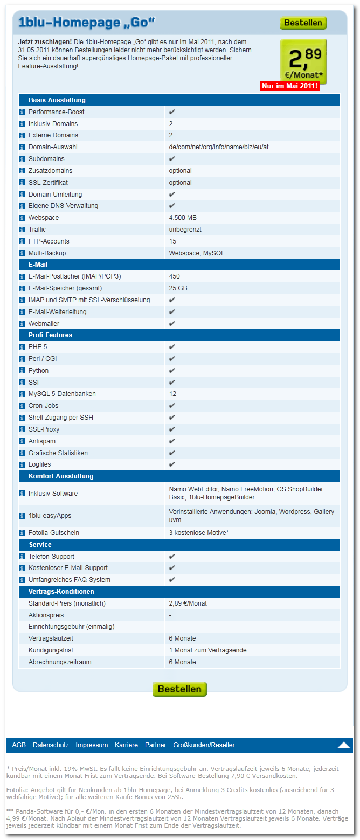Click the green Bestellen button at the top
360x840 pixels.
(x=303, y=23)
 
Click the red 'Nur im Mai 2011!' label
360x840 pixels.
(x=290, y=86)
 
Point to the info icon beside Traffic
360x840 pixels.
(x=22, y=230)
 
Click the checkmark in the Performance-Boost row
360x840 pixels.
(x=172, y=112)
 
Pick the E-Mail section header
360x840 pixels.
(x=38, y=265)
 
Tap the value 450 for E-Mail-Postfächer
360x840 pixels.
(x=175, y=276)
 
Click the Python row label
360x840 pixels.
(x=38, y=371)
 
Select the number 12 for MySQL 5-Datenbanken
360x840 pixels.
(x=173, y=394)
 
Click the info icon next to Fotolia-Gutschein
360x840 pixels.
(x=22, y=533)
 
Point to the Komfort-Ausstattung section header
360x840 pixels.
(x=61, y=476)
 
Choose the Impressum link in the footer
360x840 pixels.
(x=92, y=745)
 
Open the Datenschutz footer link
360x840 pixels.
(x=51, y=745)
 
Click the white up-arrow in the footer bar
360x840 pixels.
(x=344, y=745)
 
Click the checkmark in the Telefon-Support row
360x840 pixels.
(x=172, y=556)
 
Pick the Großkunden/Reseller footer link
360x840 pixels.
(x=204, y=745)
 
